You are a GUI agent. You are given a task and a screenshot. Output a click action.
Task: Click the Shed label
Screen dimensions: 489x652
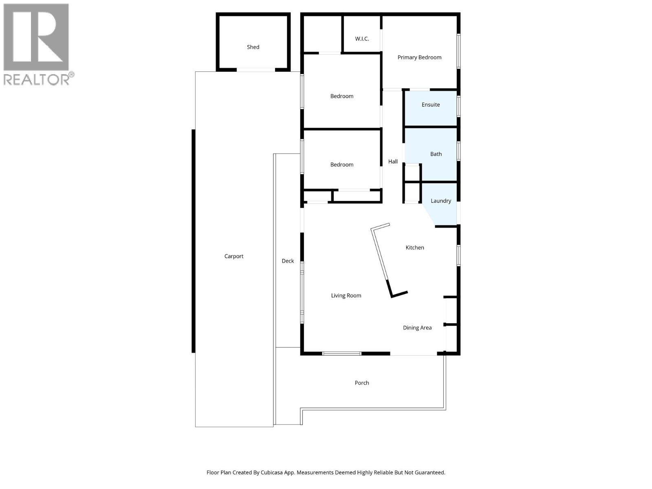pos(253,47)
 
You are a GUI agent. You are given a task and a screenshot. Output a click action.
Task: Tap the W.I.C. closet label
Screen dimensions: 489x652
pos(362,39)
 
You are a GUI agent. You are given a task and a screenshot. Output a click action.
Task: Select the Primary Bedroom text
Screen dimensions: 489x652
pos(419,57)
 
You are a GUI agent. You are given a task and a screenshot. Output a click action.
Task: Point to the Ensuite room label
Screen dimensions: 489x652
pos(431,105)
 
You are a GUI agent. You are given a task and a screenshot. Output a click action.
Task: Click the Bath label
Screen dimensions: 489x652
pos(436,154)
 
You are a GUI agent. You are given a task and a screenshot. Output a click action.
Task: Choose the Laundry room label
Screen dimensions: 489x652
pos(441,201)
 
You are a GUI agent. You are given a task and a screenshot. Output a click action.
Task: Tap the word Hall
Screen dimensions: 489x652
pos(393,162)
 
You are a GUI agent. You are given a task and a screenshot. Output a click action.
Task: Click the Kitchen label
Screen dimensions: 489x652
pos(415,248)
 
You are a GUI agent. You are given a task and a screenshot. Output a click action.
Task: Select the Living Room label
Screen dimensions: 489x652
pos(346,296)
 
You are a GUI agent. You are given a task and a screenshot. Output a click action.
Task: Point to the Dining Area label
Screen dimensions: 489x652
pos(417,328)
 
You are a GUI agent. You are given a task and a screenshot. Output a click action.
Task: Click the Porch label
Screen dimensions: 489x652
pos(362,383)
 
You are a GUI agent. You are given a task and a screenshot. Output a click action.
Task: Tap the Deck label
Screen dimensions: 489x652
pos(288,261)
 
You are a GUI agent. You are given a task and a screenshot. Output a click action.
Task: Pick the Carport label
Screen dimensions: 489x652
pos(234,256)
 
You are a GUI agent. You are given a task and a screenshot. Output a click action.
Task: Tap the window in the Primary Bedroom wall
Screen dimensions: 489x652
pos(458,51)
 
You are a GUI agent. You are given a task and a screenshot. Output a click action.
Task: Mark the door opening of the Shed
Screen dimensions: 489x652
pos(256,70)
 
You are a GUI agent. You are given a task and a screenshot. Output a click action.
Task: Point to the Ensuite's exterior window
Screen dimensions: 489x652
pos(458,106)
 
